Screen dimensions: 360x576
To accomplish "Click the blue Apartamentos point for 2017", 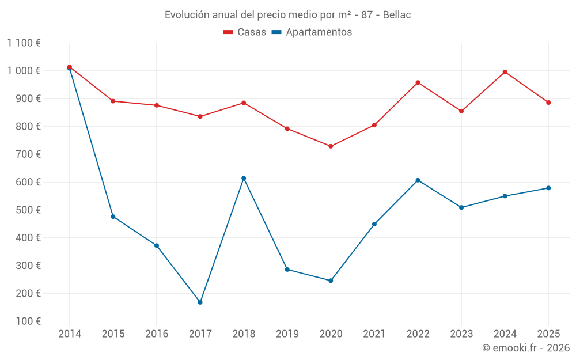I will (x=200, y=302).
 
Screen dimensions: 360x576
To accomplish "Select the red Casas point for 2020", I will (x=331, y=146).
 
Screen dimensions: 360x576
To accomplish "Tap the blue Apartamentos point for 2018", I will (x=244, y=178).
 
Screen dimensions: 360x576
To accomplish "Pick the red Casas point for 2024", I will (x=505, y=72).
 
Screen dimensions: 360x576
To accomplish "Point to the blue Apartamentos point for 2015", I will (x=113, y=217).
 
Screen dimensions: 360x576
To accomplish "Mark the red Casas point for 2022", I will (x=418, y=82).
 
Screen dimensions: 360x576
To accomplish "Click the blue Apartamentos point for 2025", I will (x=548, y=188).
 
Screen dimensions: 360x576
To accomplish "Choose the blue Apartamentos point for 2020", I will (x=331, y=281).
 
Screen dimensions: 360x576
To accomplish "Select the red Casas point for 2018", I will (x=244, y=103).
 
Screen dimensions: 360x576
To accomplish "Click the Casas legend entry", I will (x=245, y=32).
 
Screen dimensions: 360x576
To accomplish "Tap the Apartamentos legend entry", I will (x=312, y=32).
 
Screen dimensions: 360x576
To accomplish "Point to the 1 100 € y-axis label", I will (x=24, y=43).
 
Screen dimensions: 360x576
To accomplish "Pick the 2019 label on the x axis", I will (x=287, y=334).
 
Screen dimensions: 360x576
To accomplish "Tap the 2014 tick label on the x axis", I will (x=70, y=334).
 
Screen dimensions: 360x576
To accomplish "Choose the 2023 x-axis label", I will (x=461, y=334).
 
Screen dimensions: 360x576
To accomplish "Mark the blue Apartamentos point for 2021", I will (x=374, y=224).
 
